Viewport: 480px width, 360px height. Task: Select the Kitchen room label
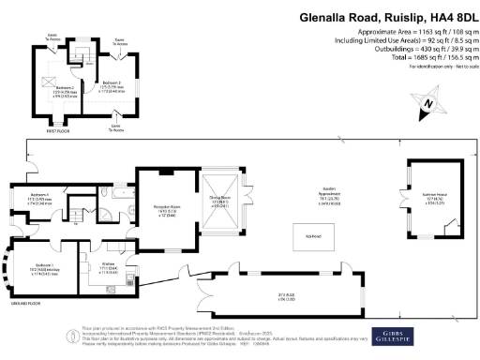pos(108,268)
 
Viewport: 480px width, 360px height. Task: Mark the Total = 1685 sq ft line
pos(416,57)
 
